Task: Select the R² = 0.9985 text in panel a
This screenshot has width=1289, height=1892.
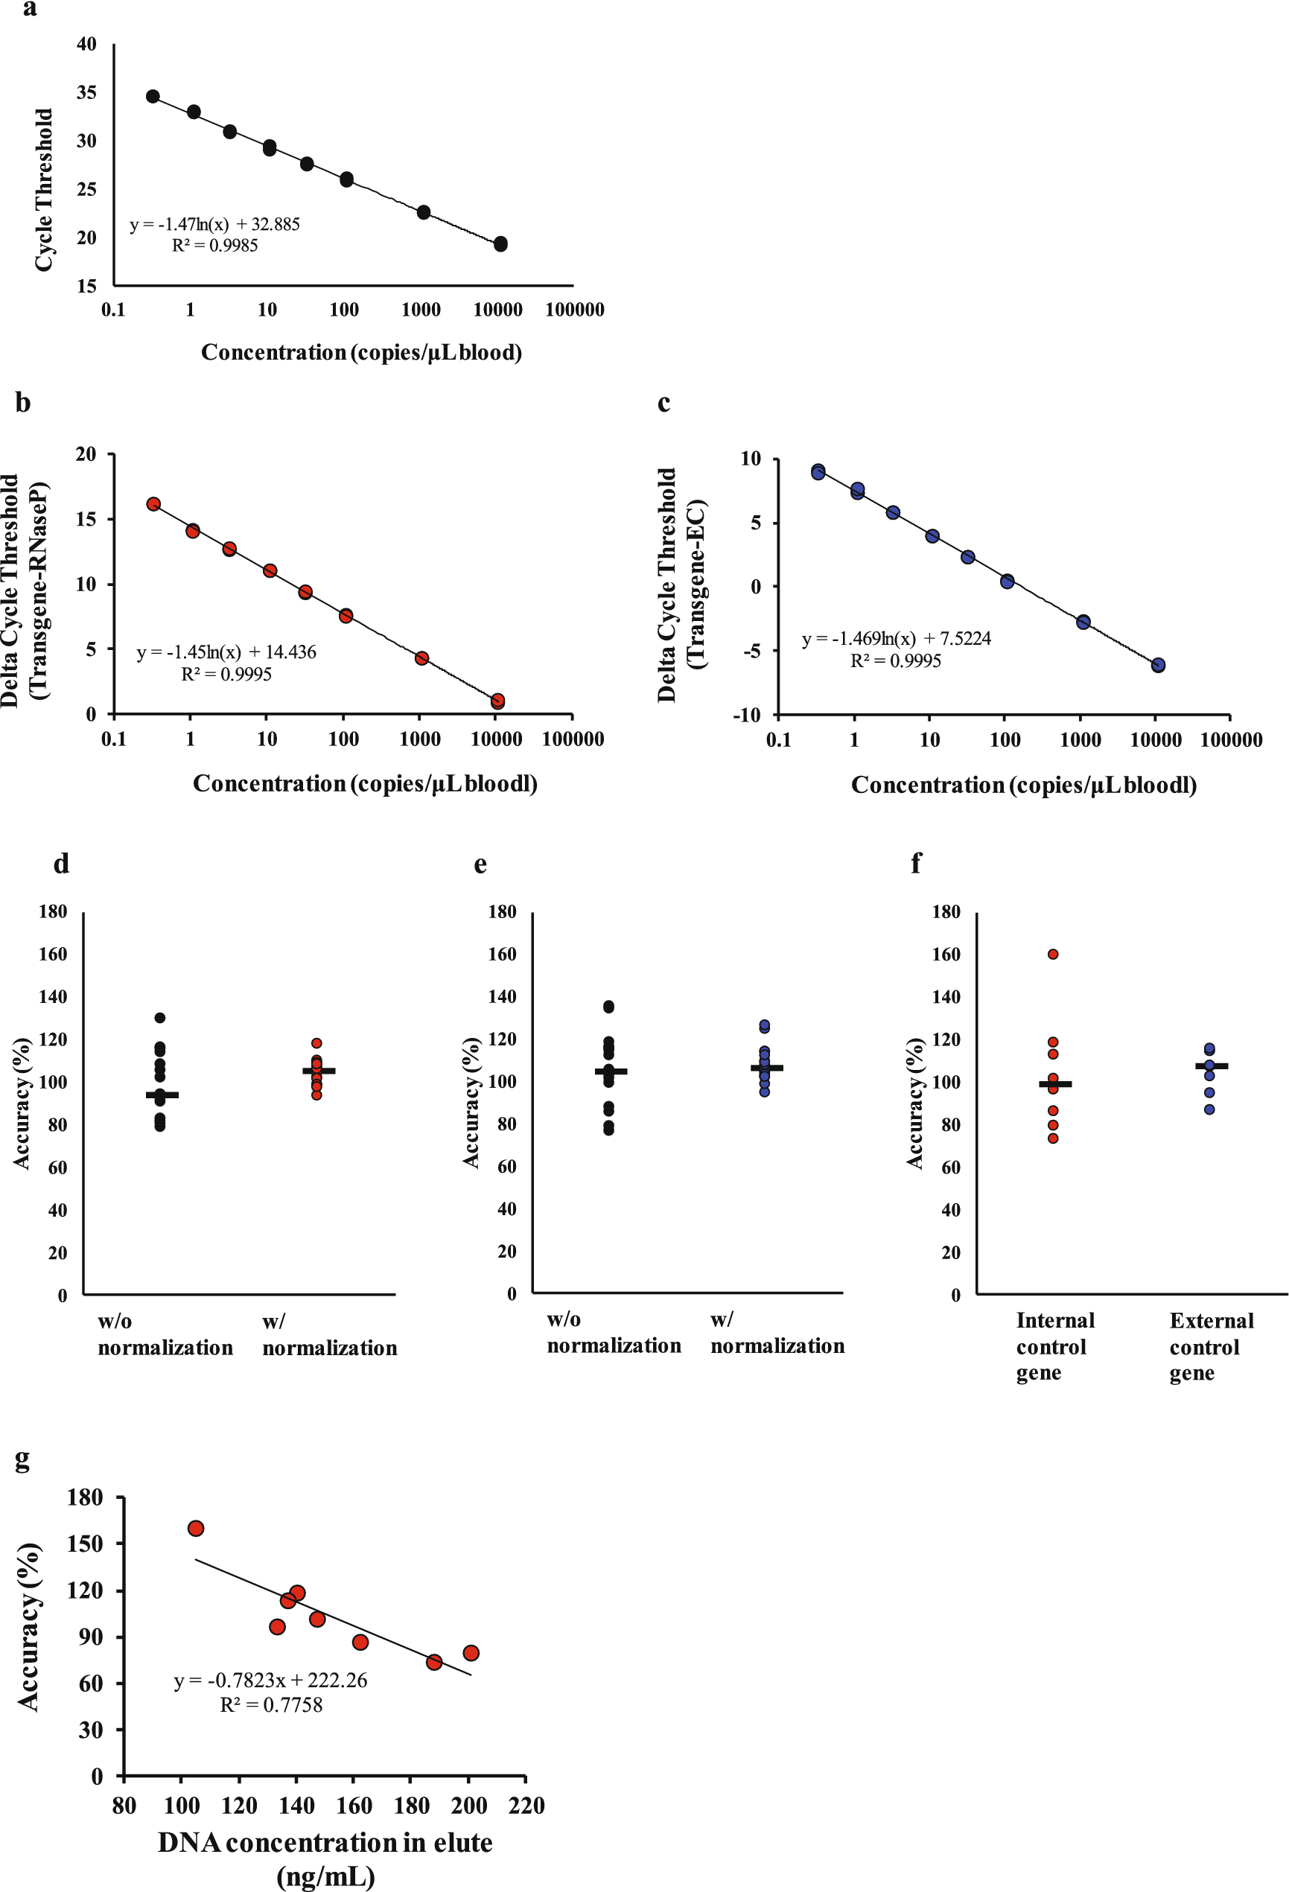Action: [214, 246]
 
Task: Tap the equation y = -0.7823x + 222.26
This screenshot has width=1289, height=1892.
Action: [270, 1681]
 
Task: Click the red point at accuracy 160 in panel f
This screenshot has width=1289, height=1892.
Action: [1053, 954]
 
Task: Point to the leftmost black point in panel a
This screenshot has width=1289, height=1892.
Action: [152, 96]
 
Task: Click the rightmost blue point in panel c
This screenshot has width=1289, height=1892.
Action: [1158, 665]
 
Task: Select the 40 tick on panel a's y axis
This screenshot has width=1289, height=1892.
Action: [86, 44]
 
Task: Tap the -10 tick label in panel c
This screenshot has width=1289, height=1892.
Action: [746, 715]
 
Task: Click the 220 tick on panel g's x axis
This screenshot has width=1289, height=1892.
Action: [526, 1806]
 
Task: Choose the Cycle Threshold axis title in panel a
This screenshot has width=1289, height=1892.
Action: [43, 190]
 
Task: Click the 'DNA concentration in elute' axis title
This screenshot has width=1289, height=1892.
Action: [325, 1842]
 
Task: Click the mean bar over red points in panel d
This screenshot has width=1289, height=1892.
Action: [319, 1071]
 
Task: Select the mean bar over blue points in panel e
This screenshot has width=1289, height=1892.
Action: [766, 1067]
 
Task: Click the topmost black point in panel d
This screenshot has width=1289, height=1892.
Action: [159, 1018]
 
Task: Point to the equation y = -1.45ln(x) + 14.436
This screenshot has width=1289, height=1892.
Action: [226, 652]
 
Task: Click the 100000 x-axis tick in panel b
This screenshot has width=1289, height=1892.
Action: [573, 739]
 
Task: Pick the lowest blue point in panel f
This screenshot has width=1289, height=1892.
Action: [1209, 1109]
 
